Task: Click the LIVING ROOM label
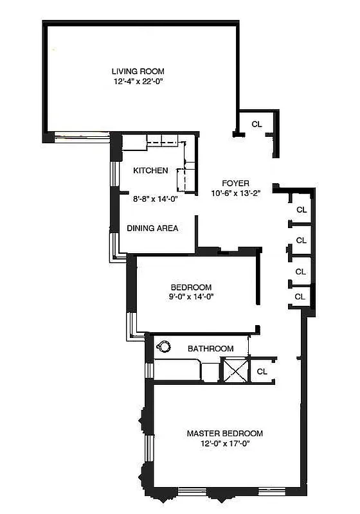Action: click(x=138, y=71)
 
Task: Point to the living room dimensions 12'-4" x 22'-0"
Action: click(x=138, y=82)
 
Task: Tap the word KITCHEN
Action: click(x=150, y=171)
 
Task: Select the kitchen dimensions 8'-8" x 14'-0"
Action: click(x=155, y=199)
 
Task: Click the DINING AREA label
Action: click(x=152, y=228)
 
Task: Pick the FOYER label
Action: click(x=235, y=183)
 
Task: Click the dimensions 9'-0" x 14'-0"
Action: click(x=191, y=297)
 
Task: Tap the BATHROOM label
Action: click(x=210, y=348)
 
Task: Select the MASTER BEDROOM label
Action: click(x=224, y=434)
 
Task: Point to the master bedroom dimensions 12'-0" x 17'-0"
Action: click(x=224, y=444)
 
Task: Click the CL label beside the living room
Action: click(x=256, y=124)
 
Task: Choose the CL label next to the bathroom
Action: click(x=262, y=371)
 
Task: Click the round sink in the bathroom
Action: click(x=164, y=347)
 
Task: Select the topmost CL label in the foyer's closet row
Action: click(x=301, y=209)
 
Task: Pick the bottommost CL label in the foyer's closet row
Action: click(x=300, y=296)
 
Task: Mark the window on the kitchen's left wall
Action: click(x=114, y=174)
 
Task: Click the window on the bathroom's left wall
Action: click(x=149, y=371)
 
